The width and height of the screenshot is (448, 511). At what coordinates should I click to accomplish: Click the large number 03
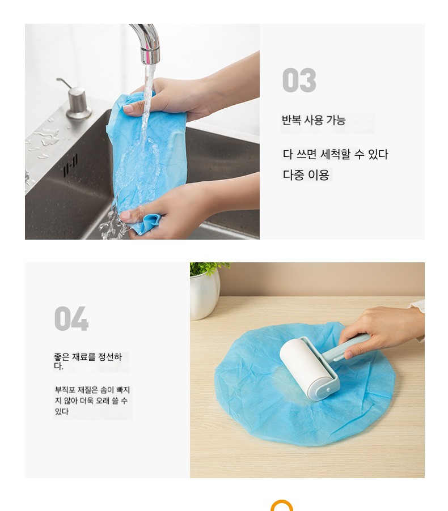[x=299, y=80]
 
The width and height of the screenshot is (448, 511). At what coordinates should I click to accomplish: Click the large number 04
[x=71, y=318]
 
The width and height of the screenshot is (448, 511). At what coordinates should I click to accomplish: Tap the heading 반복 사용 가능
[x=314, y=120]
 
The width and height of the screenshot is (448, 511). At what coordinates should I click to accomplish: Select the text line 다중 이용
[x=306, y=174]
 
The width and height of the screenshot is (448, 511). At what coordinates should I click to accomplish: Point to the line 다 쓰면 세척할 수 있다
[x=335, y=154]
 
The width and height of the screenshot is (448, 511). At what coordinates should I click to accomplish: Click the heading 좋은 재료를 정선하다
[x=88, y=361]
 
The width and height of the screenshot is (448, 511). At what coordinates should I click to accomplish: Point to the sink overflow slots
[x=70, y=166]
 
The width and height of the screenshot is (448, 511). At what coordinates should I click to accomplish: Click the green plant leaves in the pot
[x=208, y=269]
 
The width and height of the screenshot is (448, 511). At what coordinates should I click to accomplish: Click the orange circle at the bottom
[x=282, y=506]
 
